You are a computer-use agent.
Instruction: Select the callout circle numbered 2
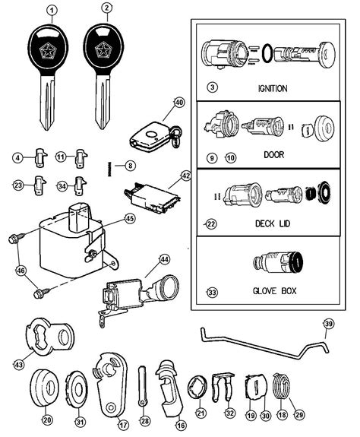pyautogui.click(x=106, y=10)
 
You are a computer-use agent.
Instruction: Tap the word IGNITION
pyautogui.click(x=271, y=89)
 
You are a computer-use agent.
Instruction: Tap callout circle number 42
pyautogui.click(x=185, y=176)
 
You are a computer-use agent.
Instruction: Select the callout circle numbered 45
pyautogui.click(x=130, y=219)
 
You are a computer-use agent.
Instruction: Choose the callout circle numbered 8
pyautogui.click(x=130, y=165)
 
